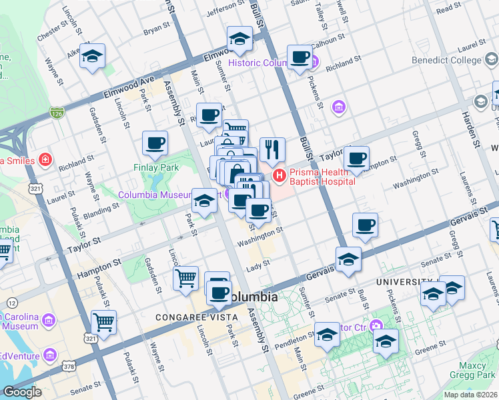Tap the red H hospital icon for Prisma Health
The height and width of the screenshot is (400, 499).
pos(278,176)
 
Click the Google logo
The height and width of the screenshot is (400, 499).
pos(22,392)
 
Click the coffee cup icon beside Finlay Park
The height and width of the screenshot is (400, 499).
pos(155,143)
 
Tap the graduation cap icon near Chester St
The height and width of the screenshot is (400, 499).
pos(93,57)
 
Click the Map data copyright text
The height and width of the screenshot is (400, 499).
pos(471,395)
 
